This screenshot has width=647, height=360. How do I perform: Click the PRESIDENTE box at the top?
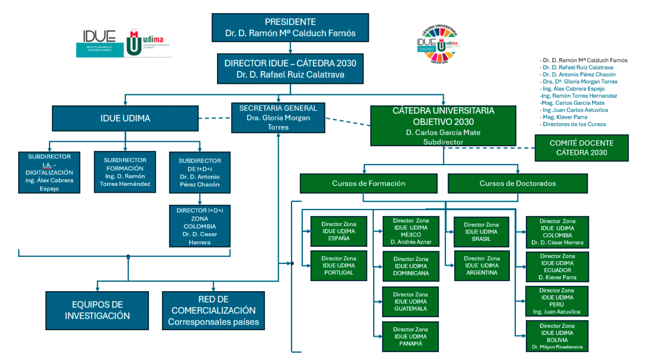point(290,27)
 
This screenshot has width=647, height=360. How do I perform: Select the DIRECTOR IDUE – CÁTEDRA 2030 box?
point(290,69)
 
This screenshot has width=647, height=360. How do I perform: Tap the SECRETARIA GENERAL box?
point(278,118)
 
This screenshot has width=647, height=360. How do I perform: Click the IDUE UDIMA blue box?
point(125,118)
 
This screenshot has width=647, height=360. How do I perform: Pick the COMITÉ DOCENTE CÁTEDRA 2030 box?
point(581,148)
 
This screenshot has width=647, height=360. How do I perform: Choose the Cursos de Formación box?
point(368,184)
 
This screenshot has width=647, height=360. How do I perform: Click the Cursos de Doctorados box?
point(517,184)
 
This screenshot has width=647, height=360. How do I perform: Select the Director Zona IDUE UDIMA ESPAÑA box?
point(339,231)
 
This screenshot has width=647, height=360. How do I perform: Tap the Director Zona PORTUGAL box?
point(339,265)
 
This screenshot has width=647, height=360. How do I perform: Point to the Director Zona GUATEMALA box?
point(411,302)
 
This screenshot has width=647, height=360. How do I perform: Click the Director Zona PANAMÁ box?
point(411,337)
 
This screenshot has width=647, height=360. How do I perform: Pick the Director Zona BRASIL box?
point(481,232)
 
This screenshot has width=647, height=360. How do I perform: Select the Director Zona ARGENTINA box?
point(482,265)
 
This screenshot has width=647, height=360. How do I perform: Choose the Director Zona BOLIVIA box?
point(557,336)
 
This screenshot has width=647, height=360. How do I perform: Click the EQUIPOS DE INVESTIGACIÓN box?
point(97,310)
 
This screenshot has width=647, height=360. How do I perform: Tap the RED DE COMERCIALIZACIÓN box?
point(213,310)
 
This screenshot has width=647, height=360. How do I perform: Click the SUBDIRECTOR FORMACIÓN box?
point(125,172)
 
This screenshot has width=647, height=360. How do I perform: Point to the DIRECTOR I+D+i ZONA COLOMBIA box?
point(200,226)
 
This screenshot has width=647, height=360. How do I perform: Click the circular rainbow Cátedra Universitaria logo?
point(440,44)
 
